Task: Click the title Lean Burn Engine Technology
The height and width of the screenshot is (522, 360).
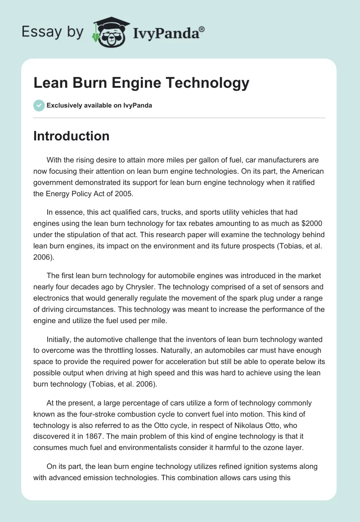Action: [x=141, y=83]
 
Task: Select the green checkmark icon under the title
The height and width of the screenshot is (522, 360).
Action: [x=38, y=105]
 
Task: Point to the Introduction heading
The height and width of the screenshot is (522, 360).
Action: [x=71, y=136]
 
